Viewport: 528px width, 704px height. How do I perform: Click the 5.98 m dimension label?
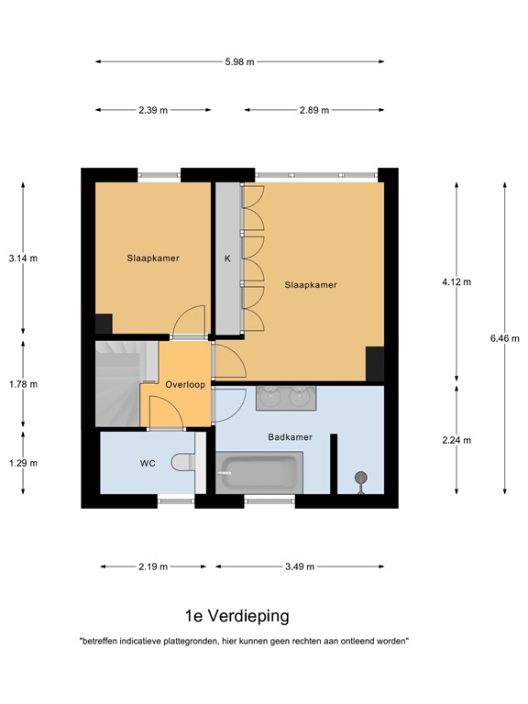(239, 61)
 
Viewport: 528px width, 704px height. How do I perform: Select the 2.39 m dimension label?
(153, 110)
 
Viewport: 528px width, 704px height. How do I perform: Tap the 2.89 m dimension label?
(314, 110)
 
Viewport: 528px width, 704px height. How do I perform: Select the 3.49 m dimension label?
(299, 566)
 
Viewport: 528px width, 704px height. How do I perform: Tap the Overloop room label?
(184, 385)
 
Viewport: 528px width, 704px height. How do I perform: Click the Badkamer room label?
(291, 437)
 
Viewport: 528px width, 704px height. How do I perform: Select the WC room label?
(148, 464)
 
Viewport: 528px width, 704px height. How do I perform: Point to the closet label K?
(227, 258)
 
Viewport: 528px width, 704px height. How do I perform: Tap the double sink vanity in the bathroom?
(285, 397)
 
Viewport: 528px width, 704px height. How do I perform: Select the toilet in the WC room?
(187, 463)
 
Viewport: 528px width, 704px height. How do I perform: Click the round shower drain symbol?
(361, 477)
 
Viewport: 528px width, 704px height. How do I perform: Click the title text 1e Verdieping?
(236, 616)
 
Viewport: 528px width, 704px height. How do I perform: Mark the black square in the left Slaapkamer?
(104, 324)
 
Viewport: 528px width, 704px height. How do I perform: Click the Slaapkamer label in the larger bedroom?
(310, 285)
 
